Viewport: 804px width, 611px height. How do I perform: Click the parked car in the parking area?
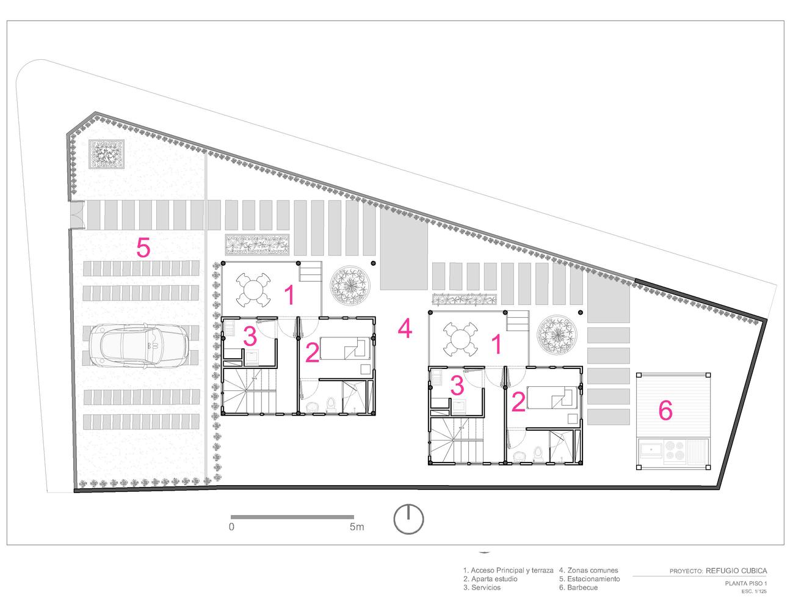click(139, 345)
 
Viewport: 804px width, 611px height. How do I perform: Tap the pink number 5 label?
click(143, 247)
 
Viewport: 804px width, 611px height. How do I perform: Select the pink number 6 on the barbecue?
click(665, 410)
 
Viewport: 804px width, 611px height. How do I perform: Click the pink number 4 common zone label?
click(405, 328)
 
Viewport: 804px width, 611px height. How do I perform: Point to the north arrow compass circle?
click(408, 519)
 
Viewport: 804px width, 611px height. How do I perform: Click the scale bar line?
click(292, 517)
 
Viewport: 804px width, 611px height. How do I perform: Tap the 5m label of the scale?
click(357, 527)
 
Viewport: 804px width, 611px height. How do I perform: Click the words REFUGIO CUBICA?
click(736, 571)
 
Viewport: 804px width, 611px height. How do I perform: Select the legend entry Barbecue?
click(578, 588)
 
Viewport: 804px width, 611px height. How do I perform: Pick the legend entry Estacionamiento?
click(589, 579)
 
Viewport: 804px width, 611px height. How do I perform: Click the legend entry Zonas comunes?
click(589, 570)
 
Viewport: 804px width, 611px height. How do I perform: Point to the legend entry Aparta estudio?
click(490, 579)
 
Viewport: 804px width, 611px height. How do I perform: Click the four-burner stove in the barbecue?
click(675, 450)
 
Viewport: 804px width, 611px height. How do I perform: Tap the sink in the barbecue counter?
click(651, 450)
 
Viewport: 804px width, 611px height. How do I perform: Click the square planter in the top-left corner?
click(106, 154)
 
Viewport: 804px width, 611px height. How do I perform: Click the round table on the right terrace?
click(460, 340)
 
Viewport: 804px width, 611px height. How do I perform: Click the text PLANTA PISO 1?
click(746, 583)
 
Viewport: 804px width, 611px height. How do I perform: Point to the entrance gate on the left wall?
click(78, 215)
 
